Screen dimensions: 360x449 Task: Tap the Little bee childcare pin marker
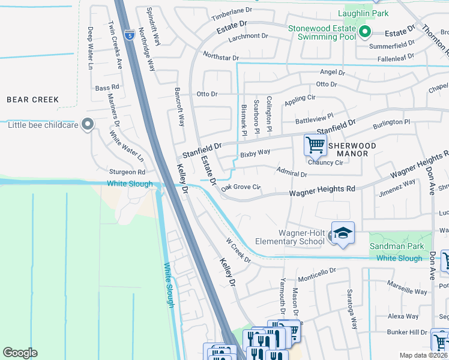click(x=88, y=125)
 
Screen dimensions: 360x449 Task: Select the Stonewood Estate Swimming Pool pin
click(x=364, y=32)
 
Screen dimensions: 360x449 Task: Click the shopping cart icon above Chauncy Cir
click(x=315, y=145)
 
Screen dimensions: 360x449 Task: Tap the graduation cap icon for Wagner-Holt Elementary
click(x=342, y=233)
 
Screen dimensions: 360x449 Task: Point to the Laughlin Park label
click(x=363, y=13)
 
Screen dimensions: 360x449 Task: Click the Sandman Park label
click(x=397, y=246)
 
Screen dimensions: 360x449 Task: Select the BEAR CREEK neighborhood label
click(x=32, y=100)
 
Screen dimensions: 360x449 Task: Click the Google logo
click(x=20, y=353)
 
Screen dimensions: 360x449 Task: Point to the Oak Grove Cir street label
click(x=240, y=187)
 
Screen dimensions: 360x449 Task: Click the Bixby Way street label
click(x=255, y=154)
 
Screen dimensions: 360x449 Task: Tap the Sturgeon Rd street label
click(x=127, y=172)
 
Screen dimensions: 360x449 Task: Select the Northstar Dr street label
click(x=220, y=55)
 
